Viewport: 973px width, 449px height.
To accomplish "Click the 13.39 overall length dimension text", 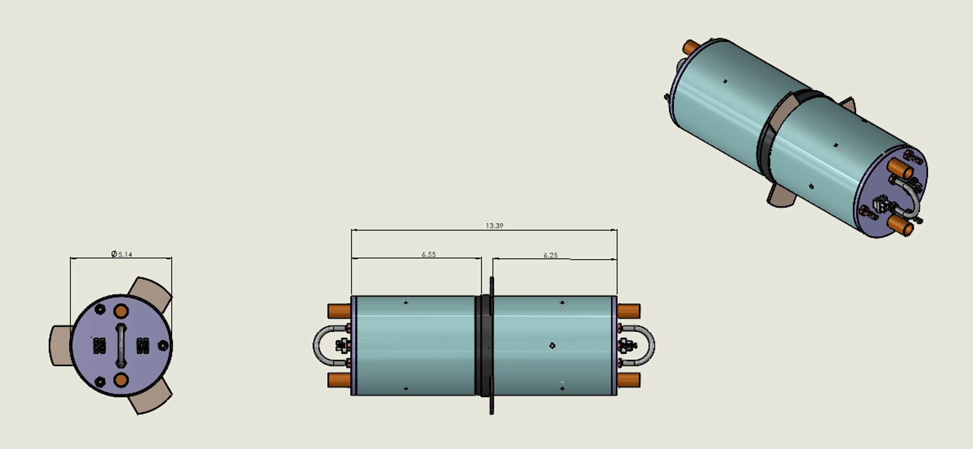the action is (494, 226).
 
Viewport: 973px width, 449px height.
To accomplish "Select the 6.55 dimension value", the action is (429, 254).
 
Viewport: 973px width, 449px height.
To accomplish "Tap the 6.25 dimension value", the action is (550, 255).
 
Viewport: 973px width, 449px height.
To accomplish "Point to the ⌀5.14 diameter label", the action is (121, 254).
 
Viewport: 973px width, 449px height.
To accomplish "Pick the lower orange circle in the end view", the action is (121, 380).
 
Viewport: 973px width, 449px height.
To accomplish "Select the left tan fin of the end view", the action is (60, 346).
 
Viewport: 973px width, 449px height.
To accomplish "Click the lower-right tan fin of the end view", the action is (151, 398).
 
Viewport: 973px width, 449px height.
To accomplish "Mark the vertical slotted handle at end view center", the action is (120, 346).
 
